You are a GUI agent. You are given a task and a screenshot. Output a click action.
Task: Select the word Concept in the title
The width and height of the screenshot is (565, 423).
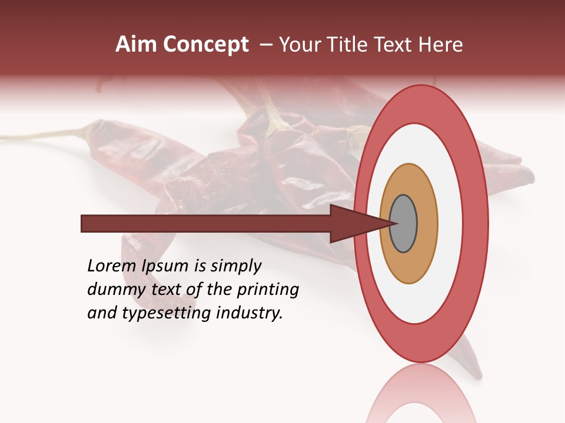(206, 45)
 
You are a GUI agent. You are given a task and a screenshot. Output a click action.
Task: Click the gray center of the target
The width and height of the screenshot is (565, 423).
(403, 224)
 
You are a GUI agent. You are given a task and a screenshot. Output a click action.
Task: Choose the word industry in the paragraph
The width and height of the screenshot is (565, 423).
(250, 313)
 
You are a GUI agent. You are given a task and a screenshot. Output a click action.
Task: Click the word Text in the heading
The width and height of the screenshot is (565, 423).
(397, 45)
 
